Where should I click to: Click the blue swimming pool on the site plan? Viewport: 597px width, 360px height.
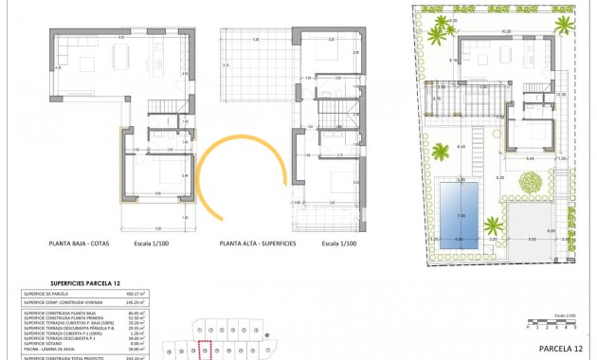click(460, 212)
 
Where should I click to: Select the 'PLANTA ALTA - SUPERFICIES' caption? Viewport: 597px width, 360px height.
click(258, 243)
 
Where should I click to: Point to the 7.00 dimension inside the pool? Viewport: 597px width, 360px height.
click(461, 216)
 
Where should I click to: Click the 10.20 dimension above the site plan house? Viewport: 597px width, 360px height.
click(505, 31)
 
